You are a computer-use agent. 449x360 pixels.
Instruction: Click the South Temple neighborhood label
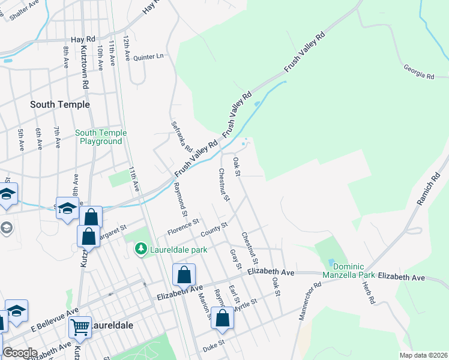[x=60, y=104]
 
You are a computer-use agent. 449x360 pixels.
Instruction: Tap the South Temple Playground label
[x=101, y=137]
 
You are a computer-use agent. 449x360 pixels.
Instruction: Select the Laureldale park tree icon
[x=141, y=248]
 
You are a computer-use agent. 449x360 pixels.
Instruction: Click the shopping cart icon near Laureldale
[x=79, y=327]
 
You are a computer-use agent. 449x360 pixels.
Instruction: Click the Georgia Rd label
[x=418, y=72]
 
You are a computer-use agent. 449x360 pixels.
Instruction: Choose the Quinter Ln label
[x=148, y=56]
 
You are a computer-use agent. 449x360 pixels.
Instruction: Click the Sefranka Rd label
[x=181, y=134]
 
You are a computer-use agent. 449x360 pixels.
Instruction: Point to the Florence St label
[x=183, y=227]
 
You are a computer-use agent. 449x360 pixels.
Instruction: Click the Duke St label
[x=213, y=343]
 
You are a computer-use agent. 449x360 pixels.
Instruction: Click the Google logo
[x=19, y=353]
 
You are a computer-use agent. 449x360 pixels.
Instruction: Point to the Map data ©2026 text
[x=423, y=355]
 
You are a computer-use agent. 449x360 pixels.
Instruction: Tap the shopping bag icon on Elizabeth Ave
[x=184, y=275]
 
